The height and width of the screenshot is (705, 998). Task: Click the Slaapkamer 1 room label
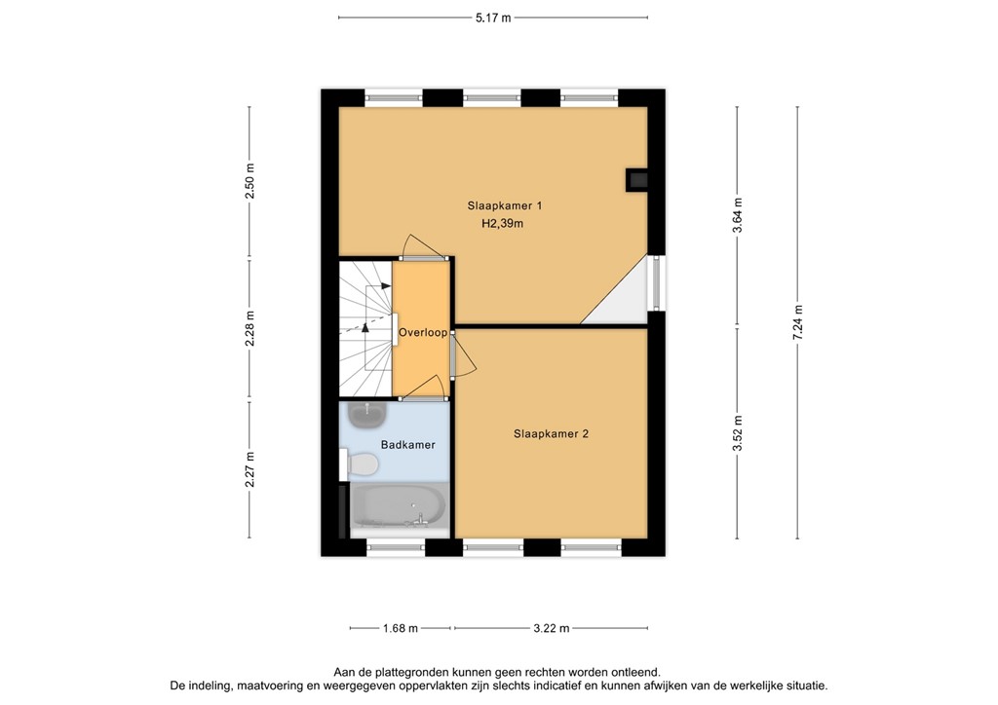click(x=504, y=205)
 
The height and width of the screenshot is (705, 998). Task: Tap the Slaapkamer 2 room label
click(x=551, y=434)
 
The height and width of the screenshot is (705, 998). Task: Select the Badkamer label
click(x=408, y=444)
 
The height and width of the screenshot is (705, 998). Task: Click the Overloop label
click(x=422, y=332)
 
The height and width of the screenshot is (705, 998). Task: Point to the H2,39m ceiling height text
click(x=503, y=224)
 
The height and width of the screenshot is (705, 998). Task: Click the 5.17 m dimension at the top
click(x=492, y=18)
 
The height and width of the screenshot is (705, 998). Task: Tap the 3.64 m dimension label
click(x=738, y=211)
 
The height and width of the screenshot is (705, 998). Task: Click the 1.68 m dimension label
click(x=399, y=628)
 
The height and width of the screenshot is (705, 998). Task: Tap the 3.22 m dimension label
click(x=551, y=628)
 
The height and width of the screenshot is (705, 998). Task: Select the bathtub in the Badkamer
click(x=397, y=506)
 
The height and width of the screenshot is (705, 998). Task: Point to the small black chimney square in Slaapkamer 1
click(x=636, y=179)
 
